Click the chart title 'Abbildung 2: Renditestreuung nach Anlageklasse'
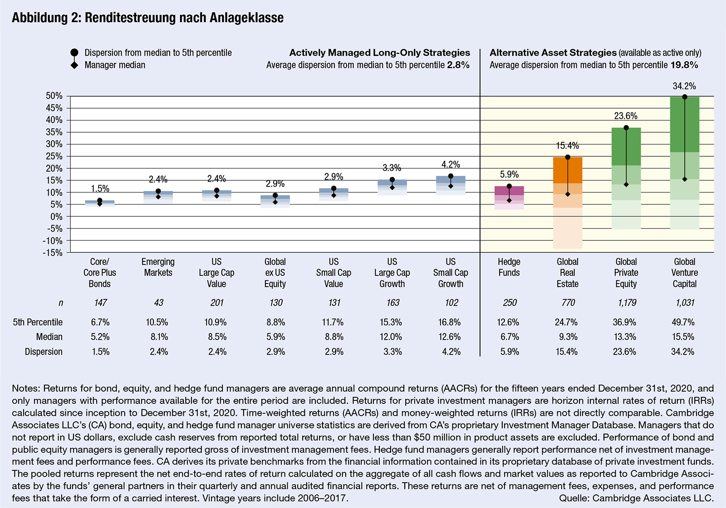tap(148, 18)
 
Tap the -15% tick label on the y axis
tap(53, 253)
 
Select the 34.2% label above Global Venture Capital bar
tap(684, 86)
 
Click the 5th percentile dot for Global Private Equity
tap(626, 128)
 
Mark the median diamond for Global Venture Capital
tap(685, 179)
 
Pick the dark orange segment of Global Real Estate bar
tap(568, 170)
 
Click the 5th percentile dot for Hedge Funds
tap(509, 186)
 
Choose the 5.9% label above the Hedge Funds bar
tap(509, 174)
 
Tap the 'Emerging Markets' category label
tap(158, 267)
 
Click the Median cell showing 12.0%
tap(391, 337)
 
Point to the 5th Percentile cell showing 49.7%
tap(683, 322)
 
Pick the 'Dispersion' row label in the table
tap(44, 352)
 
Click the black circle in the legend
tap(74, 53)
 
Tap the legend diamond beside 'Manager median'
tap(74, 65)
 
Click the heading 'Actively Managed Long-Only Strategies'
tap(379, 53)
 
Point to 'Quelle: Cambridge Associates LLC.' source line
tap(636, 498)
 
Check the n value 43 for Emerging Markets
tap(158, 303)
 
